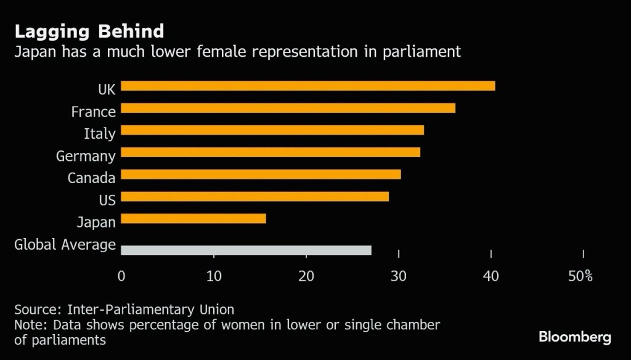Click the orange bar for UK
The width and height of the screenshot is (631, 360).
[x=307, y=86]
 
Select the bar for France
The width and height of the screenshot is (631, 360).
[x=288, y=108]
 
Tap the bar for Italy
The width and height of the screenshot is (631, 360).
[x=272, y=130]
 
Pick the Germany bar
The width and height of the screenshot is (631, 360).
[x=271, y=152]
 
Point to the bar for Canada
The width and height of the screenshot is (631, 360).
[x=261, y=174]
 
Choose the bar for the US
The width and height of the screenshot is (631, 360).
[x=254, y=197]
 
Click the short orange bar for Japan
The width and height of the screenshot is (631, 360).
[x=193, y=219]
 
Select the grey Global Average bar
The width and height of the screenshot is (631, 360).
[x=246, y=250]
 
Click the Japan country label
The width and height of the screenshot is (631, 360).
[x=96, y=223]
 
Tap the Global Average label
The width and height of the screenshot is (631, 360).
[x=65, y=245]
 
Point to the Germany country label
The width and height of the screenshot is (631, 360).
[x=86, y=156]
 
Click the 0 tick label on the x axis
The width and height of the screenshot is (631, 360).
[x=121, y=276]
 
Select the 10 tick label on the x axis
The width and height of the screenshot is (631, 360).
[x=214, y=276]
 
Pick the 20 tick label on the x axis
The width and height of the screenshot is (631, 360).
[x=306, y=276]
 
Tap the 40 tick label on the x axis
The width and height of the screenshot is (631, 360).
[x=491, y=276]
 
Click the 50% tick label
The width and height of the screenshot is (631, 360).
[x=580, y=276]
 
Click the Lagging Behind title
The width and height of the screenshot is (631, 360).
[x=89, y=31]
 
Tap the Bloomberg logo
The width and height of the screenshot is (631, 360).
[x=574, y=337]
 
